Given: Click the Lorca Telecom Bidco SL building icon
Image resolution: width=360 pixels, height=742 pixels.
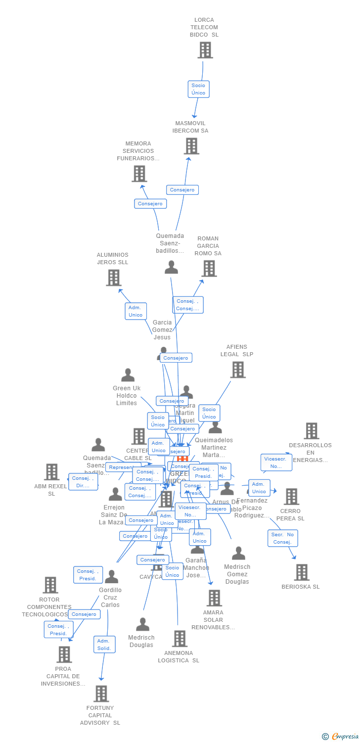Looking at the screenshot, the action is tap(205, 50).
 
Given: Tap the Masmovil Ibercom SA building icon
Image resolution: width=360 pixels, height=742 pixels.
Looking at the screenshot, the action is tap(191, 146).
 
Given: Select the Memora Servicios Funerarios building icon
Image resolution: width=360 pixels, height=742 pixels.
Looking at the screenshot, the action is tap(139, 174).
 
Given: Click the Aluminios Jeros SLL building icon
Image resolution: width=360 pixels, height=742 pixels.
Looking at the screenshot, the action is tap(114, 278).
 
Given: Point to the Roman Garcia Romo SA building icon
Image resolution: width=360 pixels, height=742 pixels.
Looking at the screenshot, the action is tap(209, 269).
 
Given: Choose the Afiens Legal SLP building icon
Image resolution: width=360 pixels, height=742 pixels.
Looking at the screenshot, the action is tap(238, 370).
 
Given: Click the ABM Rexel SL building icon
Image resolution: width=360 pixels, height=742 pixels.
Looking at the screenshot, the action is tap(51, 472).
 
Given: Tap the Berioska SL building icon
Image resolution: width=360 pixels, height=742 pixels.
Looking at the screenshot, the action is tap(302, 572).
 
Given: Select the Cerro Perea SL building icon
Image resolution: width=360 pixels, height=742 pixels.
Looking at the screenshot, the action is tap(291, 497).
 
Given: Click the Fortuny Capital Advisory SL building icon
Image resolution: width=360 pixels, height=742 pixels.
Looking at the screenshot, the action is tap(101, 694).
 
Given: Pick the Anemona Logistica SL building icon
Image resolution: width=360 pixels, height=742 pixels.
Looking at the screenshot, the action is tap(180, 639).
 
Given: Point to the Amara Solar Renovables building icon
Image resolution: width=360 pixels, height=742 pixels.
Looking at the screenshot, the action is tap(214, 598).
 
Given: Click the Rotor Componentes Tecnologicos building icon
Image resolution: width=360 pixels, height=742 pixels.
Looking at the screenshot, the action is tap(50, 585).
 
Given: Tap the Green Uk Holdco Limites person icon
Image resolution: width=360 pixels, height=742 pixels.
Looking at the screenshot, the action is tap(128, 375).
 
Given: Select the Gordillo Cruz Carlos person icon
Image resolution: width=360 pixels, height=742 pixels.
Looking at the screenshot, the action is tap(111, 577).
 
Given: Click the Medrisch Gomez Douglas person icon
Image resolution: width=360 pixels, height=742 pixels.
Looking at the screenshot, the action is tap(238, 554).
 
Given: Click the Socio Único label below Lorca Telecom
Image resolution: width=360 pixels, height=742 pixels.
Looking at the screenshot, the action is tap(198, 89).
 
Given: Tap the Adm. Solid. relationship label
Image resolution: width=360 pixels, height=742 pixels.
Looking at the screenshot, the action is tap(104, 645).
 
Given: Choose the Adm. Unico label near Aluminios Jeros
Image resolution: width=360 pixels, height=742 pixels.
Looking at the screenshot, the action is tap(135, 311).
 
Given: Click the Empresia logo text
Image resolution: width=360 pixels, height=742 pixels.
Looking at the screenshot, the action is tap(345, 737).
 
